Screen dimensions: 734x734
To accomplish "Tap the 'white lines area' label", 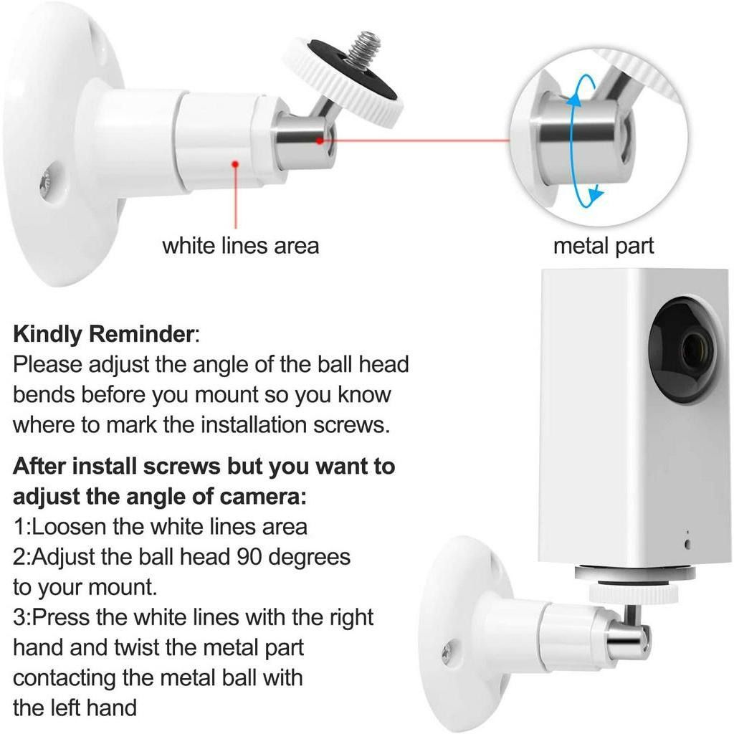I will click(x=240, y=246).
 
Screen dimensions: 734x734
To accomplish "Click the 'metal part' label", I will click(x=603, y=246).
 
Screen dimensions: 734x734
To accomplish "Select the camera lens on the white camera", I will click(x=693, y=351).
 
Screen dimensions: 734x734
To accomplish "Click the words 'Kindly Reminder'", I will click(x=103, y=334).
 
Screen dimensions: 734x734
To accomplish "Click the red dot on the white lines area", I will click(x=235, y=165).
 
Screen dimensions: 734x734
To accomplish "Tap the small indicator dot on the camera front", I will click(x=687, y=543).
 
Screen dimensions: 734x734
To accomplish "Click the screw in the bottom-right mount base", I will click(x=447, y=652).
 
